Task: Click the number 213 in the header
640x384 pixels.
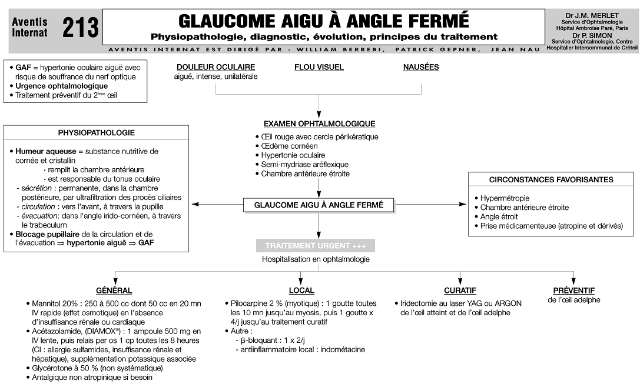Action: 81,27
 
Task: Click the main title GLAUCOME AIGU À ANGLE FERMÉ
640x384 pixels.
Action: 324,21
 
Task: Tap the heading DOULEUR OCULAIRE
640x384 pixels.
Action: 215,67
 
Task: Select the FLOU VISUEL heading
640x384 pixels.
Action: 319,67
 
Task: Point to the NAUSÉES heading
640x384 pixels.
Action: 420,67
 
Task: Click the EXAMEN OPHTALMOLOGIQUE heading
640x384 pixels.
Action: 319,124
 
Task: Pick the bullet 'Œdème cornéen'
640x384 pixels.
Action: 289,146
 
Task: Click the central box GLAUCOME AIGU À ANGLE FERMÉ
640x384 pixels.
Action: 319,205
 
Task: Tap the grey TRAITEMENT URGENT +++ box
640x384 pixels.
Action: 315,246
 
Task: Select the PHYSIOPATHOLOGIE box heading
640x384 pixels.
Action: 96,133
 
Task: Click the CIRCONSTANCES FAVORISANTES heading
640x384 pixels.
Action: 551,180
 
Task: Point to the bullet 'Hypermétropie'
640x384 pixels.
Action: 505,198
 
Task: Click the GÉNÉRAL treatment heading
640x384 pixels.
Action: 114,290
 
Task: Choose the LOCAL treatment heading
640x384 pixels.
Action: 301,290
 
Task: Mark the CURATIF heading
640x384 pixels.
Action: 460,290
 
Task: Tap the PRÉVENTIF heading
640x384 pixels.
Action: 573,290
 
